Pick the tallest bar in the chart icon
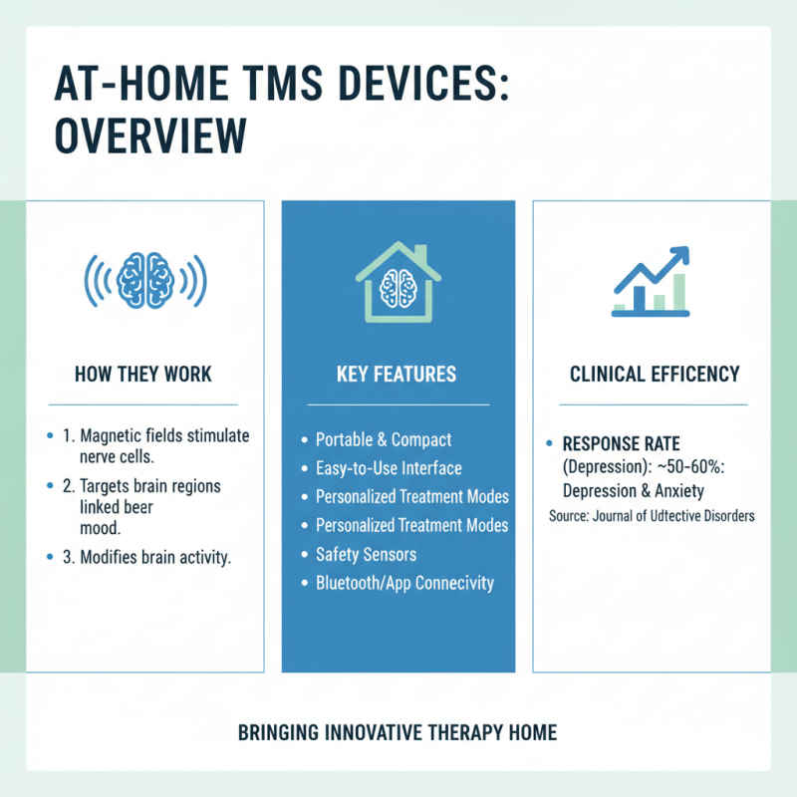pos(679,291)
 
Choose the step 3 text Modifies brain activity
pos(155,557)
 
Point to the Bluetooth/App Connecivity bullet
pos(404,583)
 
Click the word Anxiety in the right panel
pos(685,491)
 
